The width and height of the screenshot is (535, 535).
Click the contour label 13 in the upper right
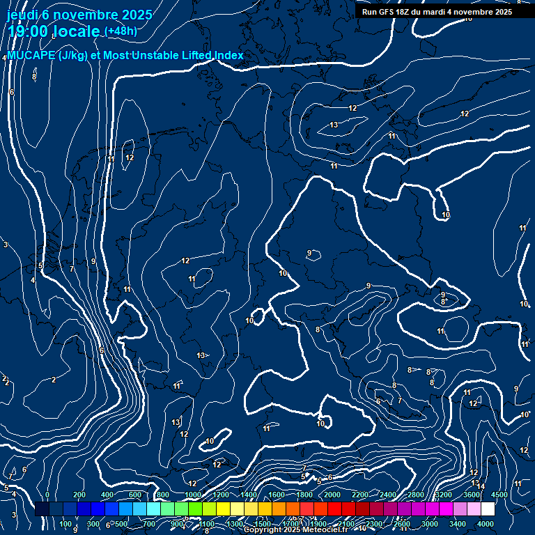(x=334, y=125)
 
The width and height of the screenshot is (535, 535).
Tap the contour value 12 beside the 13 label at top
(x=352, y=108)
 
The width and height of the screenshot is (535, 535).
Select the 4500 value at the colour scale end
(x=499, y=495)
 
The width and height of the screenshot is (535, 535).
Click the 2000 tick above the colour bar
(x=332, y=495)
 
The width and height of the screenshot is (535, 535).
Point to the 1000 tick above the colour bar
(x=192, y=495)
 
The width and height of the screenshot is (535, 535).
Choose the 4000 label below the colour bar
(x=486, y=524)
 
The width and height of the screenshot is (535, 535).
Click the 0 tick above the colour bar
(x=47, y=495)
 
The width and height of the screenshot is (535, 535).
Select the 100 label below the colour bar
(x=65, y=524)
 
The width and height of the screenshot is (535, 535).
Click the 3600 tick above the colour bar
(x=472, y=495)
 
